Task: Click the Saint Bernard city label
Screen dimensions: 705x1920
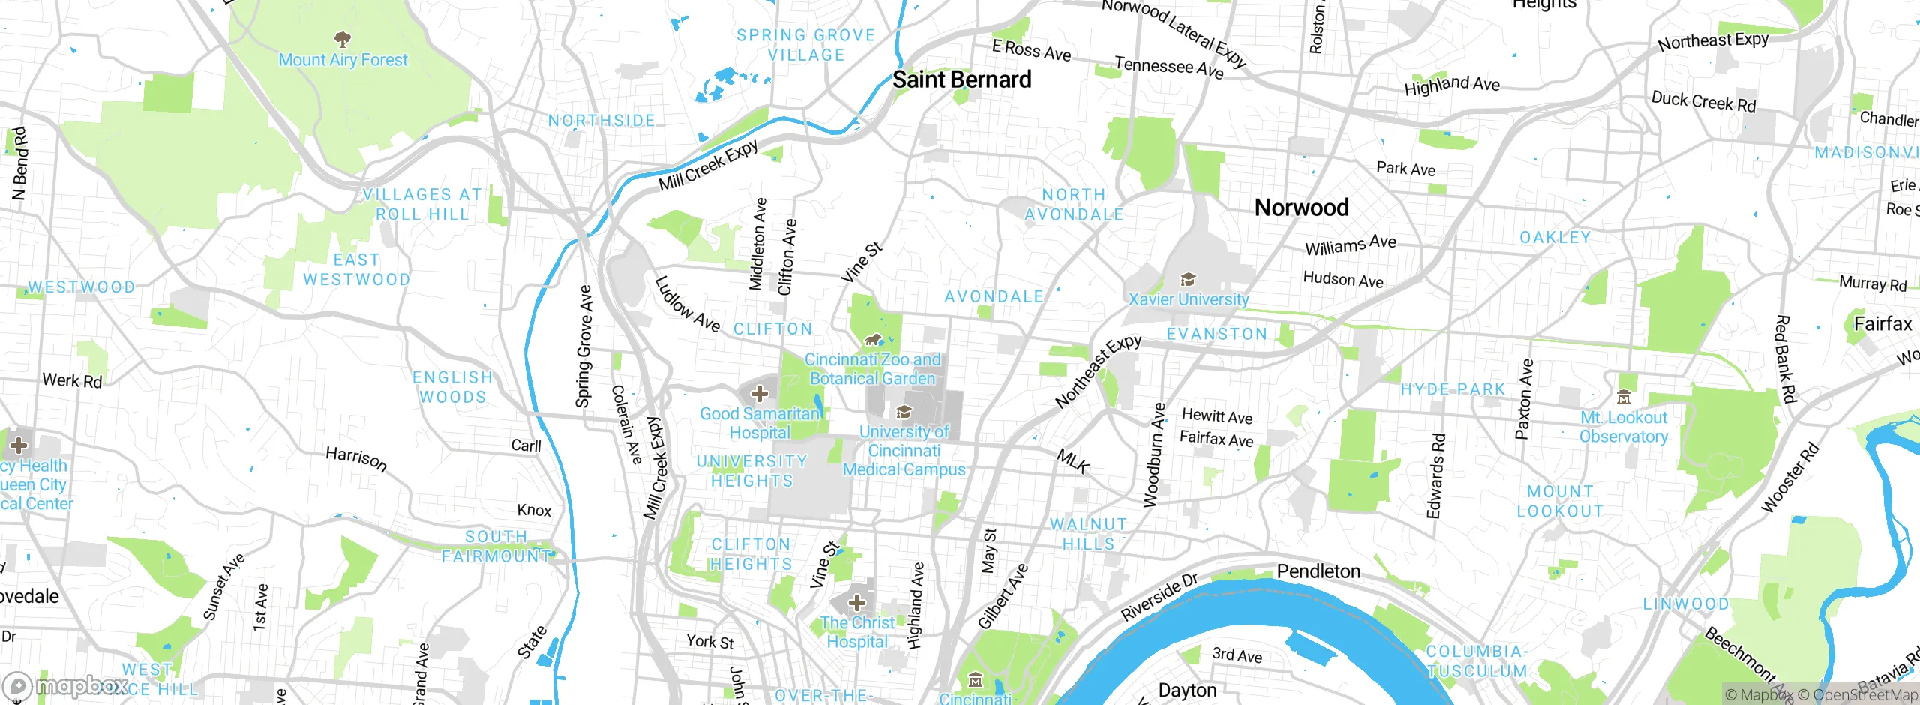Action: point(961,79)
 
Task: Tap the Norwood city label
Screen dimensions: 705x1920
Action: point(1301,208)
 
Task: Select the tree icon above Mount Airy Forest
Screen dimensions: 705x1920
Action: point(343,39)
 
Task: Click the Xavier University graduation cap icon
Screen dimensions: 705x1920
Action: point(1188,280)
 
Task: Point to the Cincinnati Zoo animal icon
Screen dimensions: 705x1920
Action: point(872,340)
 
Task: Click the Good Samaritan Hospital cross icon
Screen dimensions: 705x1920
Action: point(759,394)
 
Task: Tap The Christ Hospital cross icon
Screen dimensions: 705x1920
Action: point(856,602)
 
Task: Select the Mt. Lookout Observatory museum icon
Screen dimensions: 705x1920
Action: point(1624,397)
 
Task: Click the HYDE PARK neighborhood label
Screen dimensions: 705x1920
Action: point(1453,389)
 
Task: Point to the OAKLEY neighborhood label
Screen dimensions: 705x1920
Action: point(1555,238)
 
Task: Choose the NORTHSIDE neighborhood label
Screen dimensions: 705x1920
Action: point(601,121)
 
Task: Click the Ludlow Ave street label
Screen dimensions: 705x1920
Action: point(687,304)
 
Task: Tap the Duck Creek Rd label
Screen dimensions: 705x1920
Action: point(1703,101)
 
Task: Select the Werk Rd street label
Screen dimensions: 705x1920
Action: point(72,380)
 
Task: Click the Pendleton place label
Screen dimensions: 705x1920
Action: point(1318,571)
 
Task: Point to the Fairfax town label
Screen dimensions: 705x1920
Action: point(1882,324)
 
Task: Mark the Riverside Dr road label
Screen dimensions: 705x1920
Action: point(1159,597)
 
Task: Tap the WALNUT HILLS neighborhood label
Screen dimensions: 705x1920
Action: point(1088,534)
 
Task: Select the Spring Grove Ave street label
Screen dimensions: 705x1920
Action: point(584,346)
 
